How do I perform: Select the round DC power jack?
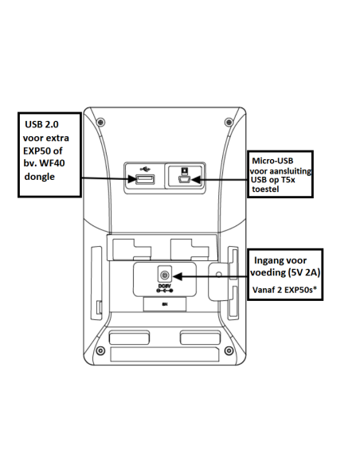pos(164,275)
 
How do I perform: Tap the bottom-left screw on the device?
pos(99,351)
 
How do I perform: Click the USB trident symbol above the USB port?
pos(145,168)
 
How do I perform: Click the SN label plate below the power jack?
pos(164,303)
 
